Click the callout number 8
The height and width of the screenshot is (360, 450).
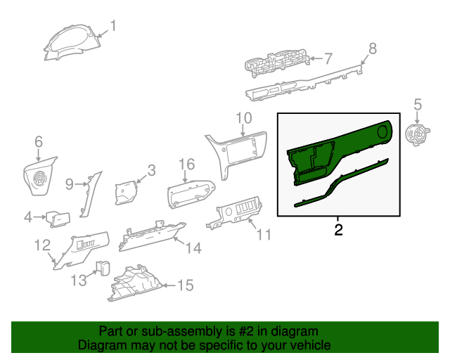(x=373, y=48)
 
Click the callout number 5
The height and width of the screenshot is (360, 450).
(x=418, y=105)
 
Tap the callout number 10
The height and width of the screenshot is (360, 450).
(x=243, y=117)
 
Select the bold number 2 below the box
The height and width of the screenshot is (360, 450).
(x=339, y=230)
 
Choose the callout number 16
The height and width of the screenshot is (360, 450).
(x=186, y=165)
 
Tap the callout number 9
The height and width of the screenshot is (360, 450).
(x=70, y=184)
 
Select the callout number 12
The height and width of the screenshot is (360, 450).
(x=42, y=245)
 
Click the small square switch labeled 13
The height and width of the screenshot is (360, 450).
(x=104, y=267)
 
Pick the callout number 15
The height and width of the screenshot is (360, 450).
(x=184, y=285)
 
